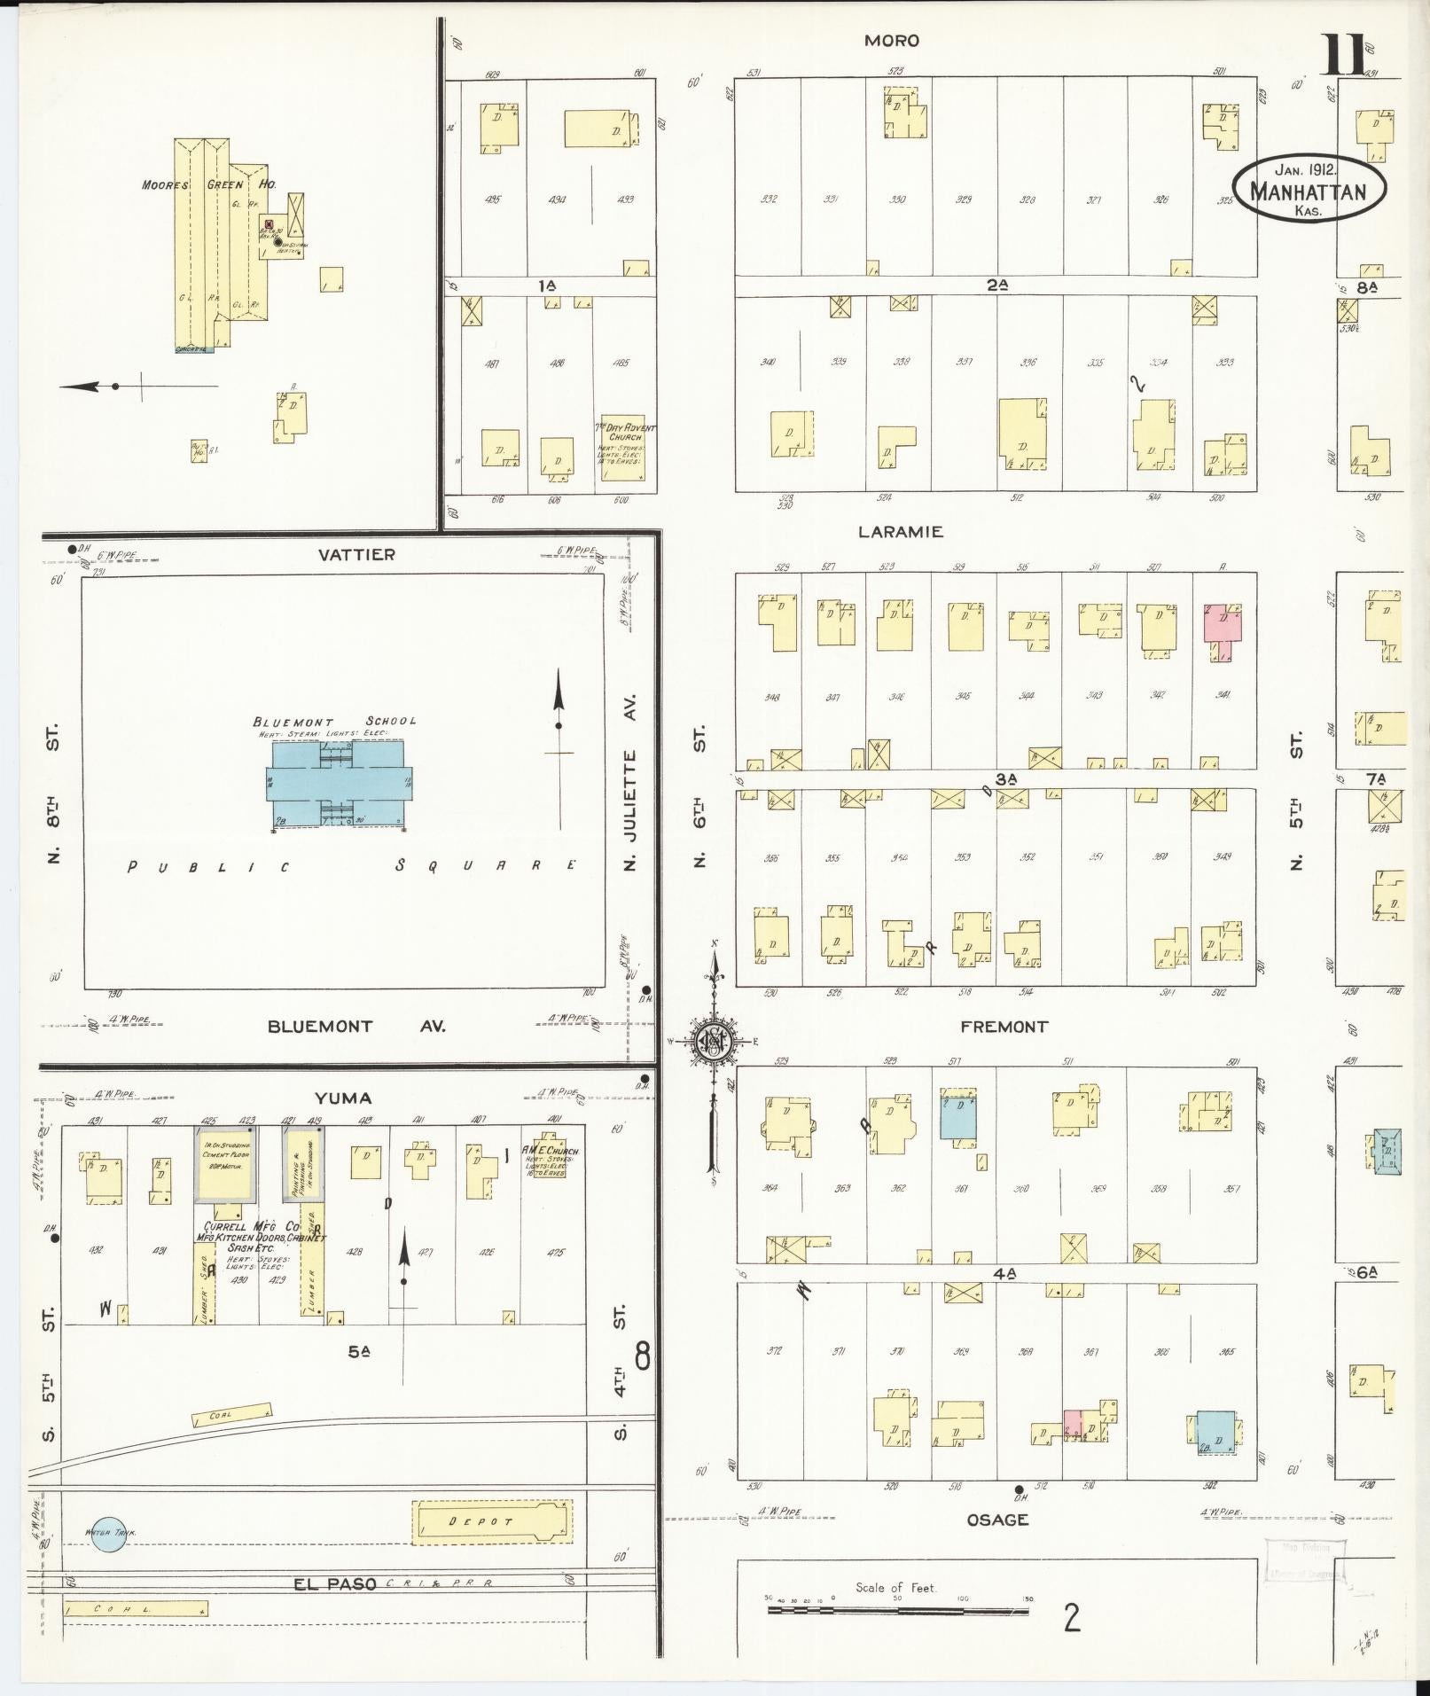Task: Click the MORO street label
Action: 892,41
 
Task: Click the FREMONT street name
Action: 1004,1027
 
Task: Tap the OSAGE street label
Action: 997,1520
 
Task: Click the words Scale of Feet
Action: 895,1588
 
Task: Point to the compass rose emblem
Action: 713,1040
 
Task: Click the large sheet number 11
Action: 1344,57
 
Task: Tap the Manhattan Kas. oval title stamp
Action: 1308,188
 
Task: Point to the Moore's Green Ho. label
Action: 208,184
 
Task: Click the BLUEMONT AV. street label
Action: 356,1027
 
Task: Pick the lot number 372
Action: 772,1351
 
